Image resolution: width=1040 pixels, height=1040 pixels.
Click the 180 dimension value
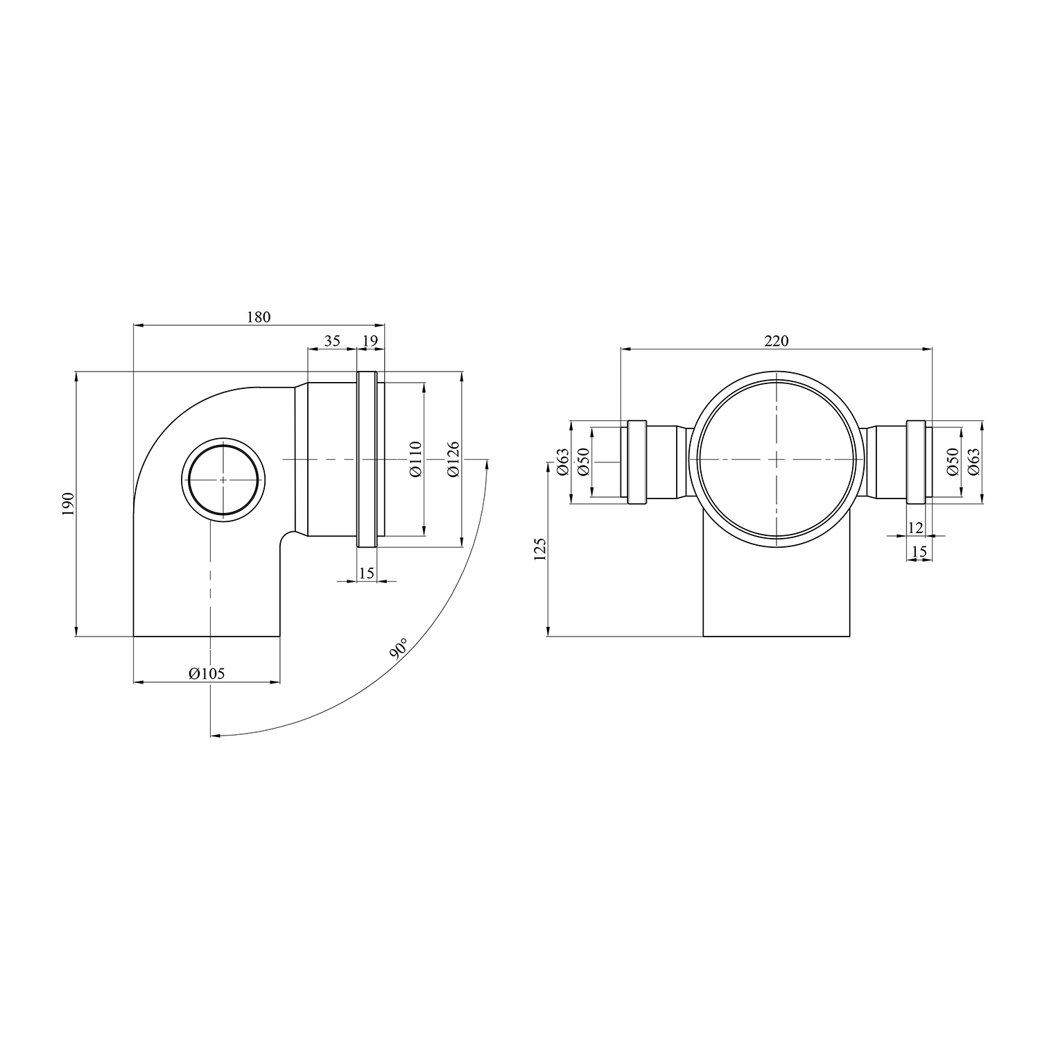point(258,317)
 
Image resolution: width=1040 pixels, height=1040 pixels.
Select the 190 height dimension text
point(67,503)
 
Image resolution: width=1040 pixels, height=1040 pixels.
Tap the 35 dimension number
point(332,340)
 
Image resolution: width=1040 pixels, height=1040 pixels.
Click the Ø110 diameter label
point(415,459)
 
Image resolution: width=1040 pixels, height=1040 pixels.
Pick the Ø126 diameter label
point(453,459)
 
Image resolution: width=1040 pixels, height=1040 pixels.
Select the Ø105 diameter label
point(207,673)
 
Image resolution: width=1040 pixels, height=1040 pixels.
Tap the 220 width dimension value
point(777,340)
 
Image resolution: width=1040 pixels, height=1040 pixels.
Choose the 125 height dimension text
point(541,548)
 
